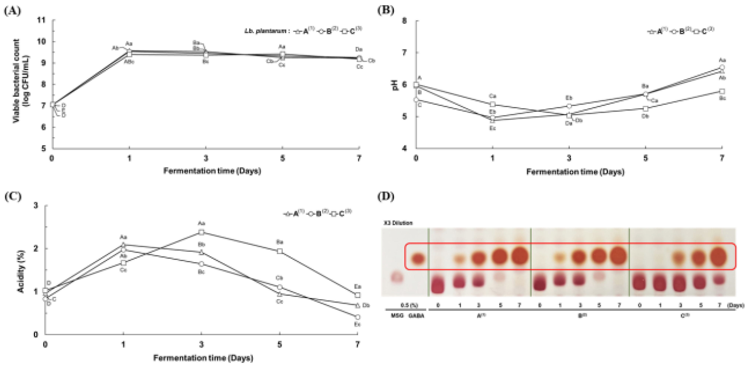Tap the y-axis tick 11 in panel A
42,20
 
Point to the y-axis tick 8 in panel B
404,21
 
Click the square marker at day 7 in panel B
722,91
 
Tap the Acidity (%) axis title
21,271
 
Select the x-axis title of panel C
203,358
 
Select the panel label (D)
386,197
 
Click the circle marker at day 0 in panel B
416,100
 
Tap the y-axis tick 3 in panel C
36,205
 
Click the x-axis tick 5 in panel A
282,158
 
